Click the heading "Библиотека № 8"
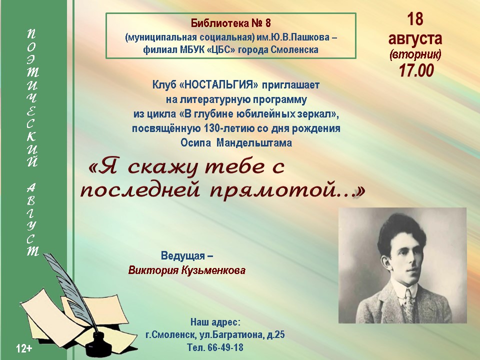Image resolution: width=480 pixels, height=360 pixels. pos(231,23)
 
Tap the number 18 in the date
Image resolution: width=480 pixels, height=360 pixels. pos(415,19)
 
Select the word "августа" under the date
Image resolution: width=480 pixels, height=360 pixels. pos(415,38)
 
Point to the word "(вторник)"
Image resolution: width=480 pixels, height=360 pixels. pos(415,55)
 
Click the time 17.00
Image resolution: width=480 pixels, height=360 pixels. pos(416,70)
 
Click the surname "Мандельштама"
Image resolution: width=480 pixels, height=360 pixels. pos(254,143)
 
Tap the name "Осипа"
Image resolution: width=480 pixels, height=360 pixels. pos(195,143)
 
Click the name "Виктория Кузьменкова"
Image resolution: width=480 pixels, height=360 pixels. pos(186,270)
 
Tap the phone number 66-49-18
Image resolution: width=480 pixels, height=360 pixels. pos(225,347)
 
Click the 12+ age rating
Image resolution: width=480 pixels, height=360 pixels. pos(24,348)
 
